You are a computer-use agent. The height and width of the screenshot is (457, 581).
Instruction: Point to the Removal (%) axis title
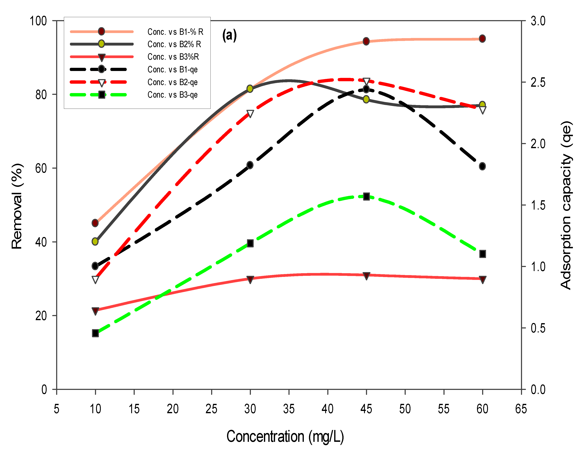(17, 206)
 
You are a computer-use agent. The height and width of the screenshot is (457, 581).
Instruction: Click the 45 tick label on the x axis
(366, 409)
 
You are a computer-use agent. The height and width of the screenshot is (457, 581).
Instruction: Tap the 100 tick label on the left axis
(38, 21)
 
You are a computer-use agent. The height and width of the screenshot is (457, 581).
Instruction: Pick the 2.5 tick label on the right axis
(538, 82)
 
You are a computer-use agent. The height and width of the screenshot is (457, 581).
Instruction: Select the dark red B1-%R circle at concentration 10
(95, 223)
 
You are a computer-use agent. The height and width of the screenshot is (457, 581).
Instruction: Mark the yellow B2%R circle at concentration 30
(250, 89)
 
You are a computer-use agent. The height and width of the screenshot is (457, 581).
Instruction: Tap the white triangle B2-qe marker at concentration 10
(95, 280)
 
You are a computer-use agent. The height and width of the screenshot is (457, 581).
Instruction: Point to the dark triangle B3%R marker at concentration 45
(366, 276)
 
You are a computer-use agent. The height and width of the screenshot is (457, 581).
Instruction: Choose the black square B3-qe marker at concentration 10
(95, 333)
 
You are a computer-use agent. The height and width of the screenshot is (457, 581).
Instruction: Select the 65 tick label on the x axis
(521, 409)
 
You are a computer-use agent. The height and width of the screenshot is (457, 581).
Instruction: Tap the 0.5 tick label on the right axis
(538, 328)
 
